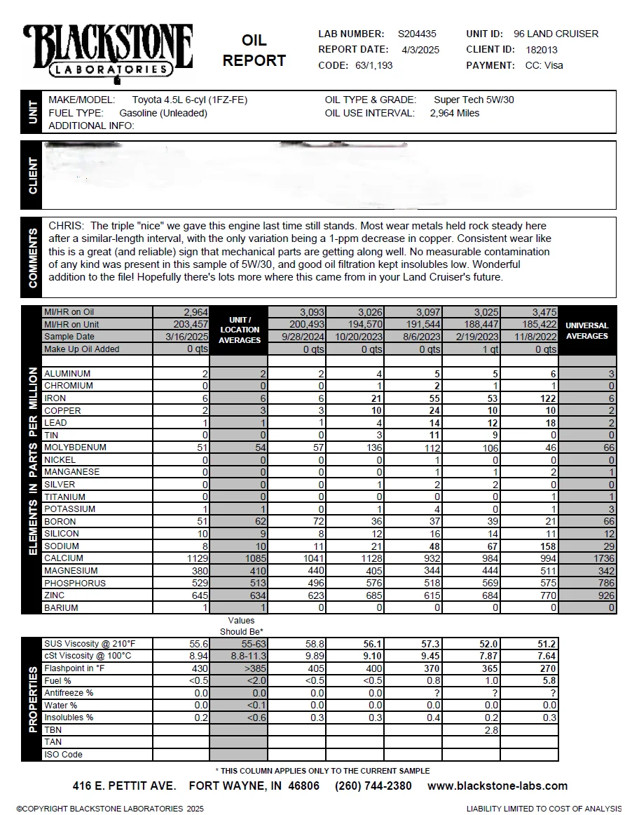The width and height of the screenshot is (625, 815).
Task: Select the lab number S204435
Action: (x=417, y=34)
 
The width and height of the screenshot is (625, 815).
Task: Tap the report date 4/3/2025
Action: (x=420, y=50)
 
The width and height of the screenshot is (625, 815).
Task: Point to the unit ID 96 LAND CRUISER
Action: (x=556, y=34)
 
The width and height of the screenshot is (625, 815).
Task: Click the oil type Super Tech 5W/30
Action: (x=474, y=100)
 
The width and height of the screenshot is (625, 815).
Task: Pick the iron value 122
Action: (x=547, y=398)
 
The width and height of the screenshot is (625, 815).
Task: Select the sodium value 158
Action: (x=547, y=546)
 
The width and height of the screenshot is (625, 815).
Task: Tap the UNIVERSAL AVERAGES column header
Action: (x=586, y=331)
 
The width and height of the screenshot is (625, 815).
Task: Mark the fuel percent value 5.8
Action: (x=549, y=681)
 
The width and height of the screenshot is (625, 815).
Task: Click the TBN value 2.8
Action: (x=492, y=730)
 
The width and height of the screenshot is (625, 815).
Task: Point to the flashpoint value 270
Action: (x=548, y=668)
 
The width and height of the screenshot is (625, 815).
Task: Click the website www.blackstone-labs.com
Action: (x=497, y=786)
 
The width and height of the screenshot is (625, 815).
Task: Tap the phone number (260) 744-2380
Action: (x=373, y=786)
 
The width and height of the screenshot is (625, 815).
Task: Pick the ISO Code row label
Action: (x=63, y=755)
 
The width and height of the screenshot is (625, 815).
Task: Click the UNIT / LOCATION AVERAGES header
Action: (x=239, y=330)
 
